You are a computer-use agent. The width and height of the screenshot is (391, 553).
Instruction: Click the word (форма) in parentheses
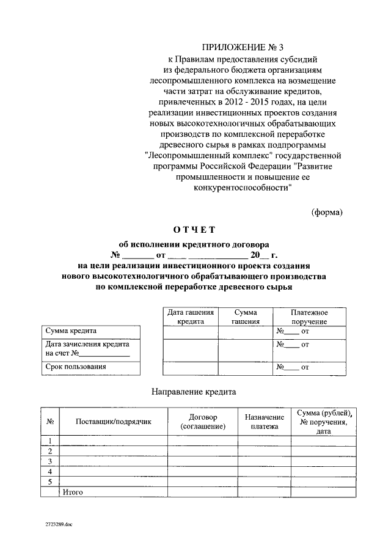point(327,212)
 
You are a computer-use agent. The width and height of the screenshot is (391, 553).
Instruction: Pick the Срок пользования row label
point(76,367)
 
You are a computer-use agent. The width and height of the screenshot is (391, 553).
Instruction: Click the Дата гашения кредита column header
point(190,317)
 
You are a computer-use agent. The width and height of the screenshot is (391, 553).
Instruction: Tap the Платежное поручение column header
point(309,317)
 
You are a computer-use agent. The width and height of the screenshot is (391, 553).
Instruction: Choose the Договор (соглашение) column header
point(203,421)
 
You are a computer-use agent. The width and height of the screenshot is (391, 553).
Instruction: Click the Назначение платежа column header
point(263,421)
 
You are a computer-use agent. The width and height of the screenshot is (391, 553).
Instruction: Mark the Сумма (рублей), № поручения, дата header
point(323,421)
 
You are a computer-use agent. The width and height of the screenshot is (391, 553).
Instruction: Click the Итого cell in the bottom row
point(73,492)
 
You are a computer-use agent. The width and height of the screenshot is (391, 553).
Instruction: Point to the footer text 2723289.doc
point(58,525)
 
